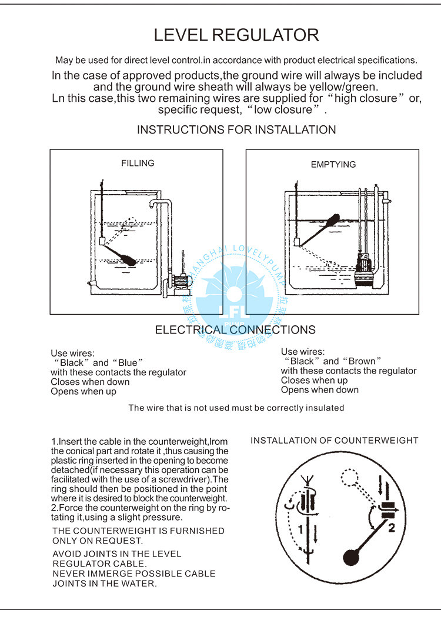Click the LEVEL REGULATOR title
point(236,35)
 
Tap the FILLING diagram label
point(138,163)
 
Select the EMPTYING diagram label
point(333,165)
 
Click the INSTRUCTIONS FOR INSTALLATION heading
point(236,129)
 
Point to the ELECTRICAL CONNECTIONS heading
point(235,330)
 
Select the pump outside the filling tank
point(183,282)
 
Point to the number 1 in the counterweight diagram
point(300,529)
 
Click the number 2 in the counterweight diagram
point(391,527)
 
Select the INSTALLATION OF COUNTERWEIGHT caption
point(335,440)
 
